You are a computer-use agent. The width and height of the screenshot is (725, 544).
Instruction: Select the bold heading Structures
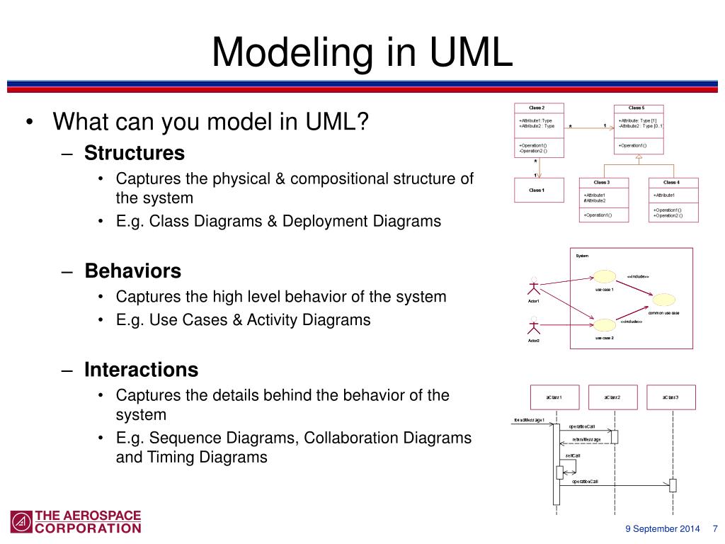pos(135,153)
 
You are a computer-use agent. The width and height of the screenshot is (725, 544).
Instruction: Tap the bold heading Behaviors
pos(133,271)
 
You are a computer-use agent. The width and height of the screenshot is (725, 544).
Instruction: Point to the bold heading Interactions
pos(142,370)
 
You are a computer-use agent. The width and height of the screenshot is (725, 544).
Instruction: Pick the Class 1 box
pos(539,190)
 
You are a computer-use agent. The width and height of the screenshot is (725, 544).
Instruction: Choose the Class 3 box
pos(603,200)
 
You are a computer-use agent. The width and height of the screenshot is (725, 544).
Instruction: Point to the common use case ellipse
pos(664,300)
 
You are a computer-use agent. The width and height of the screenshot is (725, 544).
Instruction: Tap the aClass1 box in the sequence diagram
pos(554,397)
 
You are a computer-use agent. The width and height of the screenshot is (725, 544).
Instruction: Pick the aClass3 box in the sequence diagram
pos(670,397)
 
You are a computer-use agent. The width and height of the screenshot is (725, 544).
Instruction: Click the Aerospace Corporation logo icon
pos(21,522)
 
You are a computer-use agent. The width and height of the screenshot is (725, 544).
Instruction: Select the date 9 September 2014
pos(663,529)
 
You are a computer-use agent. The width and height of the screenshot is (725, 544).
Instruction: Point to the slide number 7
pos(714,529)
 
